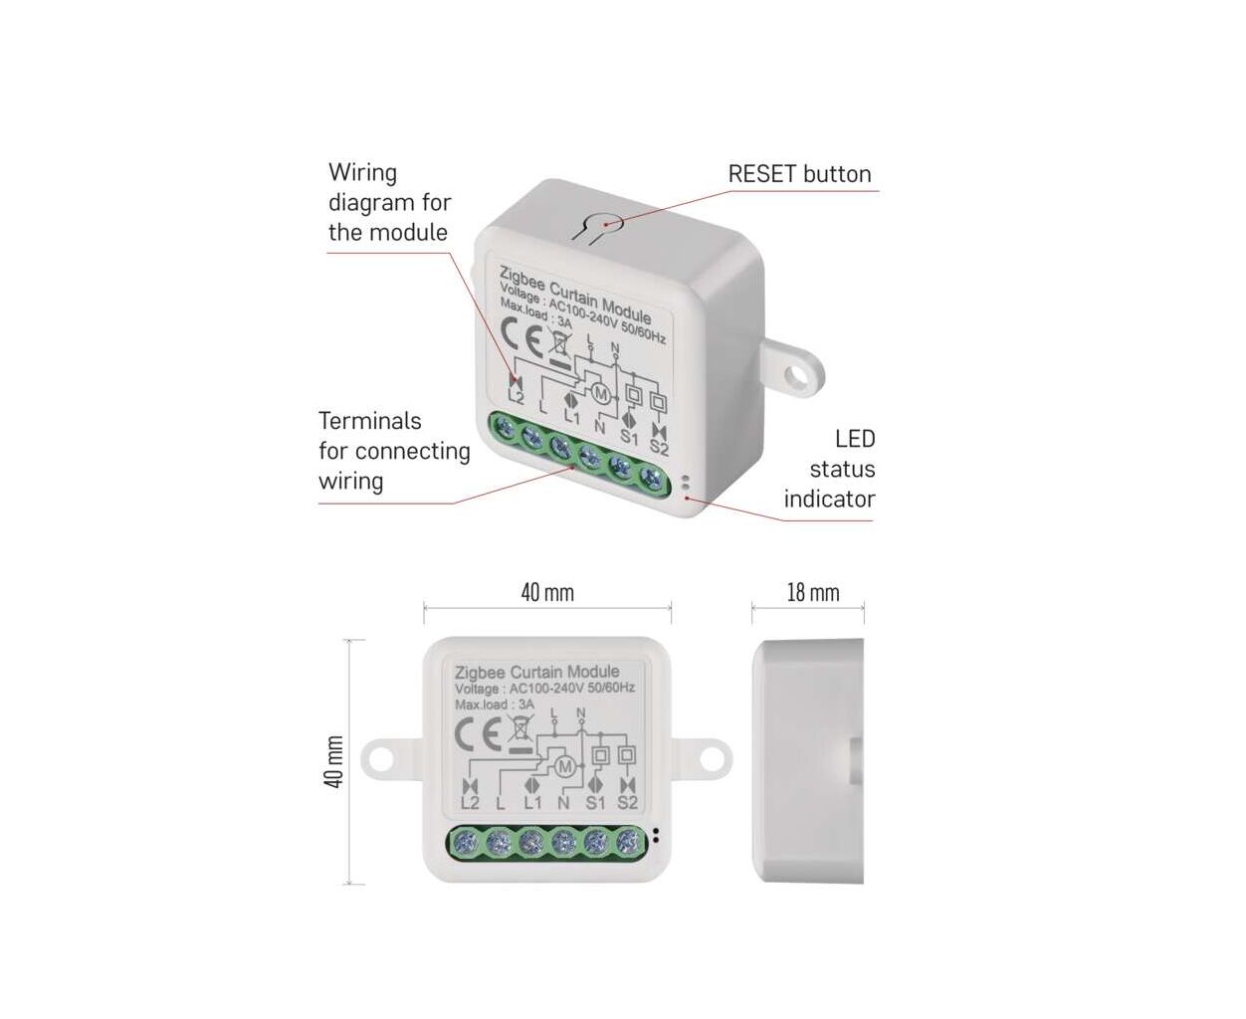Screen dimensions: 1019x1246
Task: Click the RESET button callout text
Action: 799,174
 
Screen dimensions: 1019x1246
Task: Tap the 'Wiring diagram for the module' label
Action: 389,203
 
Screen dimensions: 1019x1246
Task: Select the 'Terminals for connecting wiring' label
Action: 394,451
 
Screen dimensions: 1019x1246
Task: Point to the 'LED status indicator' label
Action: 830,469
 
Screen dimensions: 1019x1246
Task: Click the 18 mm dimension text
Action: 812,593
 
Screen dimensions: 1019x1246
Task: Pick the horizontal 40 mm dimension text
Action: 546,593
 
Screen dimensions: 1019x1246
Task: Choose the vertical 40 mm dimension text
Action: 334,762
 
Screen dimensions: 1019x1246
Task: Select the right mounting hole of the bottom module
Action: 713,758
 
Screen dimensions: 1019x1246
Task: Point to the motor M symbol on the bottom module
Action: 564,766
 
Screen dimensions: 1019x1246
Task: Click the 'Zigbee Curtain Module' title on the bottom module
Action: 536,673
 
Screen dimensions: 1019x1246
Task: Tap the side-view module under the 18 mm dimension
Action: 808,761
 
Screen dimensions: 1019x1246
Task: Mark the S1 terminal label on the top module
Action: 629,436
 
